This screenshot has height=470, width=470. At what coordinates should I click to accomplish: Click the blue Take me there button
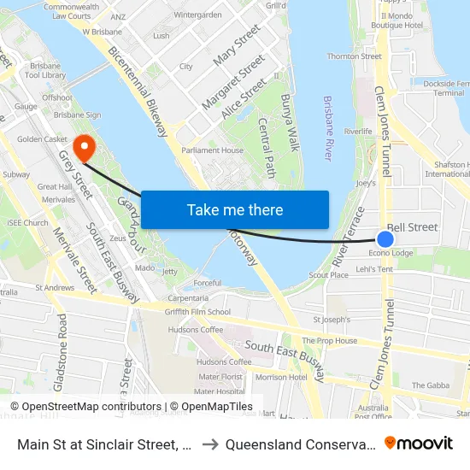[x=235, y=209]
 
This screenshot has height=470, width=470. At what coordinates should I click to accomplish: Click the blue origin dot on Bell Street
[x=385, y=240]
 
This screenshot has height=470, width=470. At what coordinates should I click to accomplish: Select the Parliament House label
[x=214, y=150]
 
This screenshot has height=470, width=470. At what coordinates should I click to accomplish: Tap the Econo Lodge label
[x=391, y=253]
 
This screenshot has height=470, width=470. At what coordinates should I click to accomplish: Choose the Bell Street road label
[x=412, y=227]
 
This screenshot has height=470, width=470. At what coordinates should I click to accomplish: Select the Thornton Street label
[x=354, y=56]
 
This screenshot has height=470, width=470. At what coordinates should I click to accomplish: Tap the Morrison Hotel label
[x=280, y=377]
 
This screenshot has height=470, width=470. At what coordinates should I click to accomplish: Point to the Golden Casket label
[x=42, y=138]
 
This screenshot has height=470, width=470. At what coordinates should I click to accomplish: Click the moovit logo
[x=418, y=443]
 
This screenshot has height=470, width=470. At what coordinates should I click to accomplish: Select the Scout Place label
[x=328, y=275]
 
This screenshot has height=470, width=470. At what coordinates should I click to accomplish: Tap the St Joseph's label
[x=332, y=320]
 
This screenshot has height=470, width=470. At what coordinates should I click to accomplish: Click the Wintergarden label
[x=197, y=15]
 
